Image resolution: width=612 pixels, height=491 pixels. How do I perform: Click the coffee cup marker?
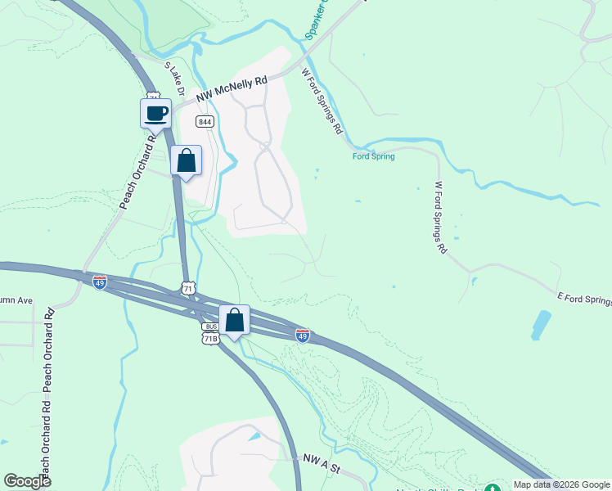(155, 114)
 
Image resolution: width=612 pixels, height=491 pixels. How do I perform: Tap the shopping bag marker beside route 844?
(186, 160)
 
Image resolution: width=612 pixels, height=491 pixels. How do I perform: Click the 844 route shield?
(205, 122)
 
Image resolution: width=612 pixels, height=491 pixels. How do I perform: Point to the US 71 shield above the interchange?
(189, 289)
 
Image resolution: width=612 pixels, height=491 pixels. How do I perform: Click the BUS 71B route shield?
(210, 333)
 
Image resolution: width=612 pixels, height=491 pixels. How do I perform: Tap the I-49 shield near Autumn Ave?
(100, 282)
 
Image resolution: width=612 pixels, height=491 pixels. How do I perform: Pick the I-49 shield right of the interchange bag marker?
(302, 335)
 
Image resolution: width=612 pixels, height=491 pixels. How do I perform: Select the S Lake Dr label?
(173, 78)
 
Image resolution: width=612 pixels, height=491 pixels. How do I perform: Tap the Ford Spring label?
(373, 156)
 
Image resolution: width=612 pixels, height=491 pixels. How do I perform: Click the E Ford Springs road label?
(583, 300)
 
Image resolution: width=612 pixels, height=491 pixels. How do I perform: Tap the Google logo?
(27, 481)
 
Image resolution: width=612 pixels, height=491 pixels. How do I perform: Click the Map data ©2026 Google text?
(561, 484)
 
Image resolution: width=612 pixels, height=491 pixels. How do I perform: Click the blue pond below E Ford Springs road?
(541, 324)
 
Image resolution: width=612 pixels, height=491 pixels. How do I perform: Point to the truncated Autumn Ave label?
(16, 301)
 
